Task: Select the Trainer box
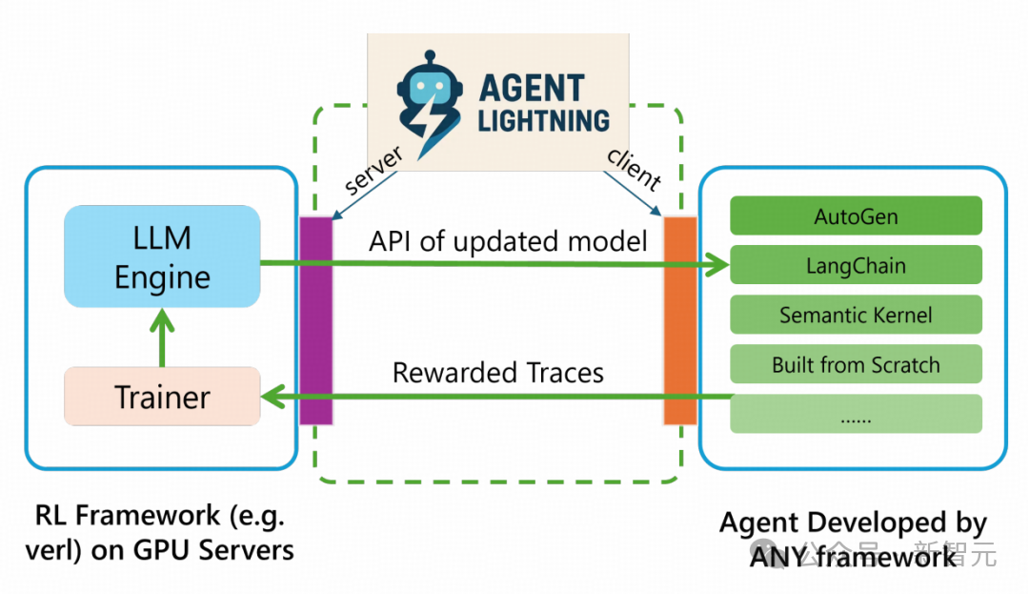[x=162, y=396]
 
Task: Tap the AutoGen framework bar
[x=856, y=215]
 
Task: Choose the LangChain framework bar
[x=856, y=265]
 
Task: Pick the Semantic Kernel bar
[x=856, y=315]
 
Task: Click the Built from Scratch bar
[x=856, y=364]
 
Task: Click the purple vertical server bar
[x=315, y=320]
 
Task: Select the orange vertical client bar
[x=680, y=320]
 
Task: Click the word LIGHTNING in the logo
[x=543, y=121]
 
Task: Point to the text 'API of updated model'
[x=508, y=241]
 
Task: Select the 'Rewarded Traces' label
[x=498, y=372]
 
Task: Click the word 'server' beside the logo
[x=373, y=171]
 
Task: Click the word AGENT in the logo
[x=532, y=88]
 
